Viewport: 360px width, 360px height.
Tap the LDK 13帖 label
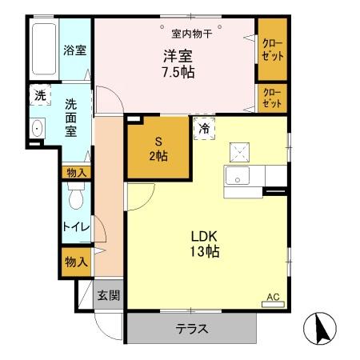click(205, 244)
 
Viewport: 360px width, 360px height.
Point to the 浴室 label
click(75, 50)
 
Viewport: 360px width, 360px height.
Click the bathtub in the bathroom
click(44, 49)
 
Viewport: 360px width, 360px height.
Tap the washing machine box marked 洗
click(40, 96)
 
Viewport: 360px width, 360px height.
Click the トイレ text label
click(76, 227)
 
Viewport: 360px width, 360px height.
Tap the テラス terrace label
click(192, 328)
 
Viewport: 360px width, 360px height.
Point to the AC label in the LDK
click(273, 298)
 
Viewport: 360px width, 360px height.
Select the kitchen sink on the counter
click(238, 177)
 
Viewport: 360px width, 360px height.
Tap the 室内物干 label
click(192, 33)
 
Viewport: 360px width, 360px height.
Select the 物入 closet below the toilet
click(76, 261)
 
